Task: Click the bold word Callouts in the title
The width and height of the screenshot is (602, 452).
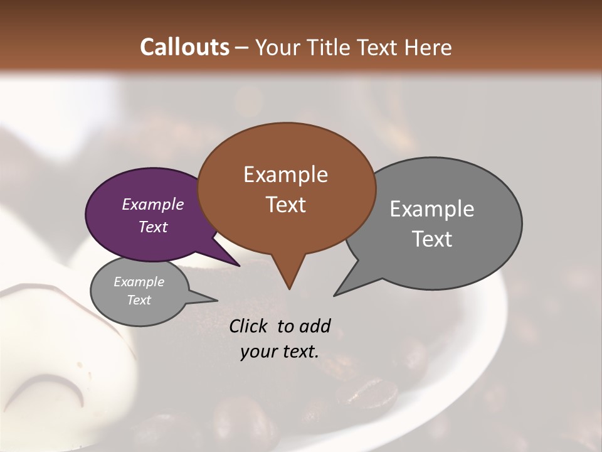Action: (184, 47)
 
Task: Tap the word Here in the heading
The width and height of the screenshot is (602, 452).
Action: (429, 47)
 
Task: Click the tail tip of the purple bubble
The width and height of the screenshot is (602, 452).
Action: (240, 266)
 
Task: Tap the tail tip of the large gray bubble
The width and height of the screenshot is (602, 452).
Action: (334, 295)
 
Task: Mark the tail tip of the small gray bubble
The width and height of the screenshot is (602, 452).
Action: (217, 300)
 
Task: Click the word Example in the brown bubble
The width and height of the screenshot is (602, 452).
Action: (285, 175)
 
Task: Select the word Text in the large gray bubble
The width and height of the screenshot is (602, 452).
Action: (432, 239)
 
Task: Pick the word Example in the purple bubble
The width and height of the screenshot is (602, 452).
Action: (153, 205)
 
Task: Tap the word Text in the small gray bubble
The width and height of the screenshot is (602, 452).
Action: (139, 300)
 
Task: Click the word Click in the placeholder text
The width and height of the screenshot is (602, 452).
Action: (249, 326)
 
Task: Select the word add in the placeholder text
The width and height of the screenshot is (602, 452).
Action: (314, 326)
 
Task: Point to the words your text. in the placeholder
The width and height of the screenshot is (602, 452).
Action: (280, 352)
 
